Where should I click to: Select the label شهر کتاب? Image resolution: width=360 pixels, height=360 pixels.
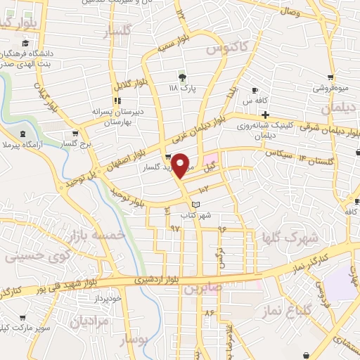pyautogui.click(x=196, y=215)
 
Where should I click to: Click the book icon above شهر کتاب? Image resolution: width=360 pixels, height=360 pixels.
pyautogui.click(x=196, y=204)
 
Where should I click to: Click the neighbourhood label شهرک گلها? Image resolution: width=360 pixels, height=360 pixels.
pyautogui.click(x=290, y=238)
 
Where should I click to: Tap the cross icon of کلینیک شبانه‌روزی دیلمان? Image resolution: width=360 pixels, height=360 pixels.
pyautogui.click(x=264, y=114)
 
